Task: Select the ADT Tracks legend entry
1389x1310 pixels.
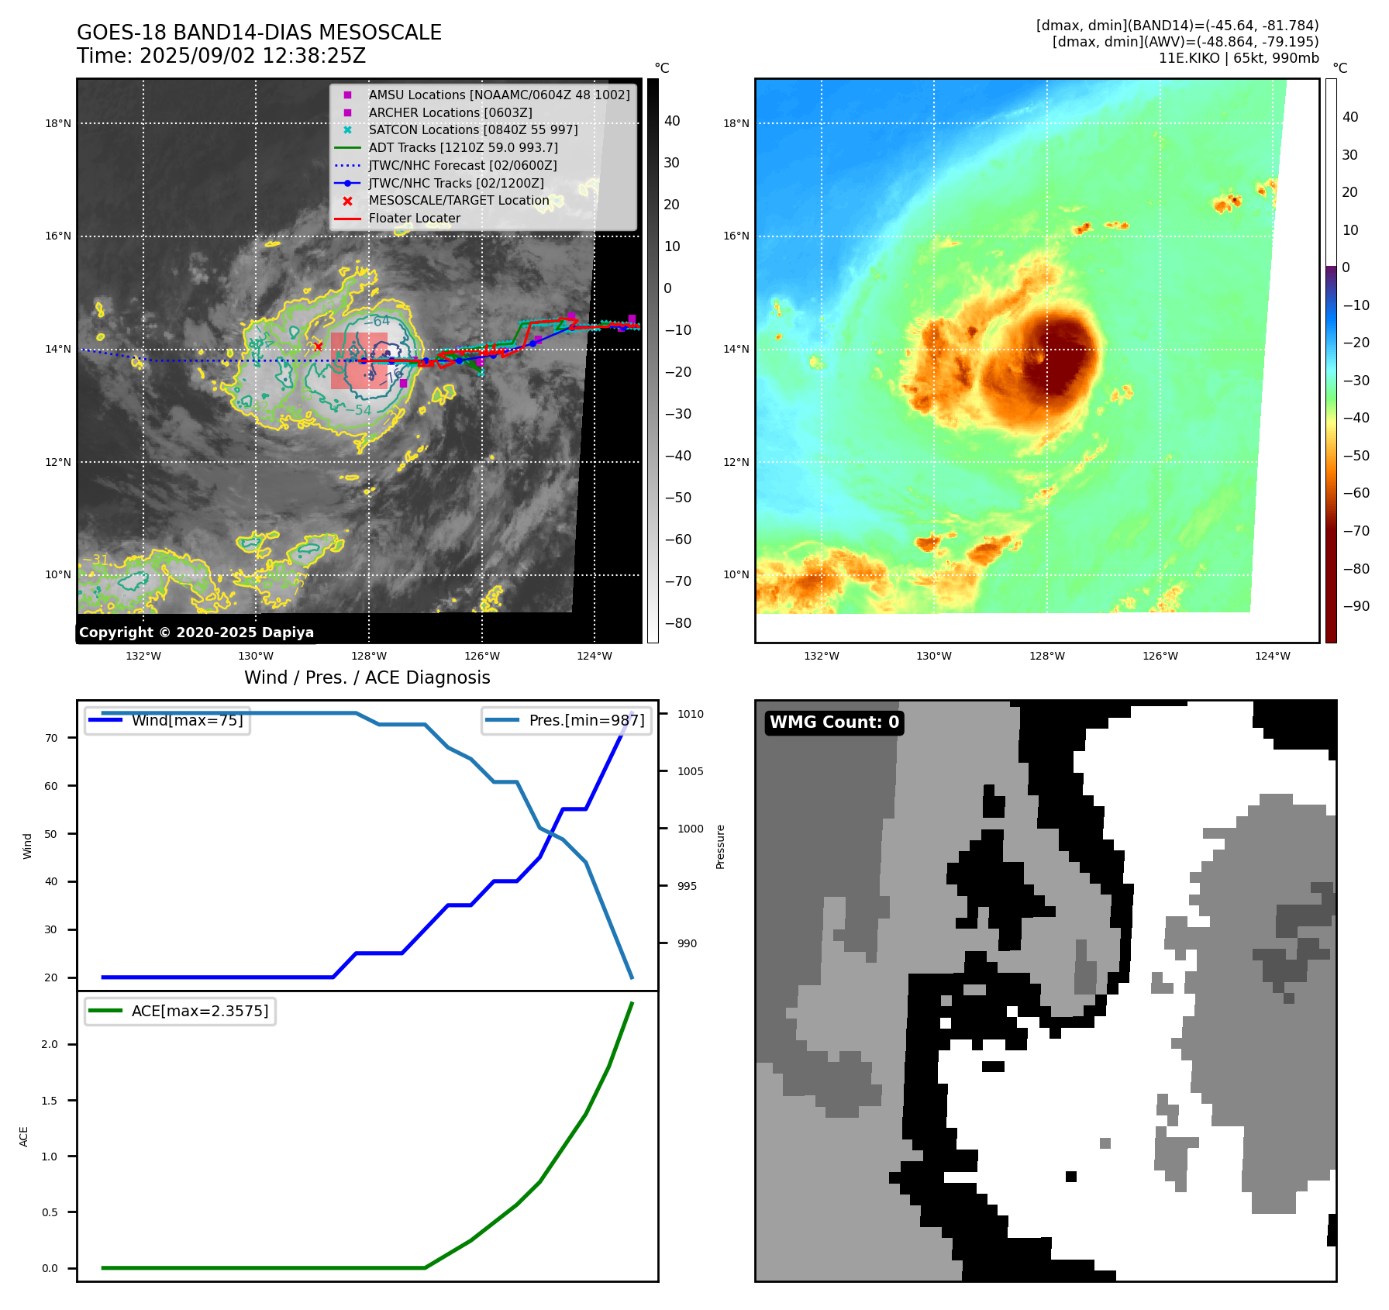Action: (x=463, y=147)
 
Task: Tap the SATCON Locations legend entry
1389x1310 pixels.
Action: (x=473, y=130)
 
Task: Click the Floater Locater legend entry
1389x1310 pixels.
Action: (x=414, y=219)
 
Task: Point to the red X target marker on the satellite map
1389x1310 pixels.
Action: (x=318, y=346)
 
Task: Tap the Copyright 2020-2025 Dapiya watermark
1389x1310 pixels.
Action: (x=196, y=633)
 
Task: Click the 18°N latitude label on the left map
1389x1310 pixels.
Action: (x=58, y=123)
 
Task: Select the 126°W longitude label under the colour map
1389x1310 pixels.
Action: (x=1160, y=656)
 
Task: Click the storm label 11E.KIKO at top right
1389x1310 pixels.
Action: (x=1190, y=58)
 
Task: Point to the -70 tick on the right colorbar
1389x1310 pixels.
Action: (x=1356, y=531)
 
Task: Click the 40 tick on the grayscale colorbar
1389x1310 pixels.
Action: (x=672, y=121)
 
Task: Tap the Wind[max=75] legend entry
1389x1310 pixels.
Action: (x=187, y=721)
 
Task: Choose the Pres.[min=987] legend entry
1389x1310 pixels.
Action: (x=586, y=721)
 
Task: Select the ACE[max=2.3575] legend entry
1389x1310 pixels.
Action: (x=199, y=1012)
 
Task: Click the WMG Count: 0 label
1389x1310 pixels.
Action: (x=834, y=722)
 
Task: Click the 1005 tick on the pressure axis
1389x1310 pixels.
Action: (x=690, y=771)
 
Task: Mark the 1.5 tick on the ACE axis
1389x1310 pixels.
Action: (x=50, y=1101)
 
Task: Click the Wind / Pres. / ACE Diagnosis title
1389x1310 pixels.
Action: (x=367, y=678)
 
